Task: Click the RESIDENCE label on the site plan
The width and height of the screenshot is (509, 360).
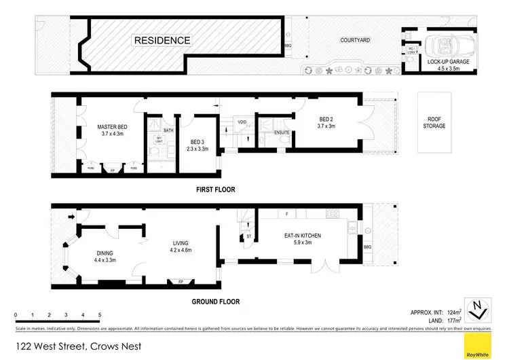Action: click(162, 40)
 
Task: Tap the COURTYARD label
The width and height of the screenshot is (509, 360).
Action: click(355, 40)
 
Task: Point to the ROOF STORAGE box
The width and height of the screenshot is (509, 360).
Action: click(434, 122)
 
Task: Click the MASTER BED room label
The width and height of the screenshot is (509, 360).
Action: click(111, 130)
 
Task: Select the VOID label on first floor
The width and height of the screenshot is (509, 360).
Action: click(242, 122)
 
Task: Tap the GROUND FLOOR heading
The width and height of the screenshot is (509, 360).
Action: click(215, 302)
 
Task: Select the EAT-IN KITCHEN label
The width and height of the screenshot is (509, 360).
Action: click(302, 238)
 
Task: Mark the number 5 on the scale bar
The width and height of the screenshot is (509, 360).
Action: click(100, 315)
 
